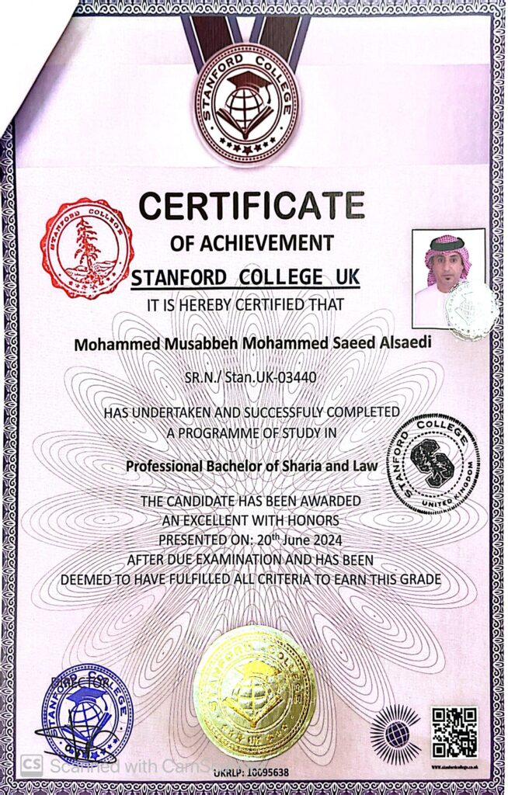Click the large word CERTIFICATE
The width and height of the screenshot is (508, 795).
pos(252,207)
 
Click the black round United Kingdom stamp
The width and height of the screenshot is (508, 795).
pos(433,463)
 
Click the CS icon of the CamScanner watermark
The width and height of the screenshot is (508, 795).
pos(30,765)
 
